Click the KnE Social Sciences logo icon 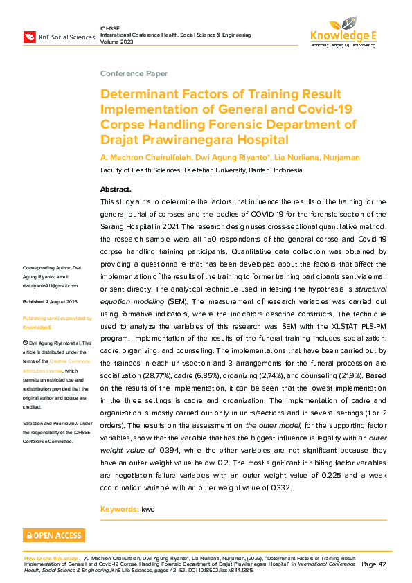(30, 36)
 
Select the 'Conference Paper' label (134, 73)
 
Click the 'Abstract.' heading (116, 189)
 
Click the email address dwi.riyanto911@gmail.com (51, 285)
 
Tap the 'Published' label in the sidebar (33, 303)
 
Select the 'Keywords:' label (119, 510)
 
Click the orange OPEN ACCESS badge (54, 535)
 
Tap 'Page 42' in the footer (373, 564)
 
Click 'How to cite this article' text (51, 557)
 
